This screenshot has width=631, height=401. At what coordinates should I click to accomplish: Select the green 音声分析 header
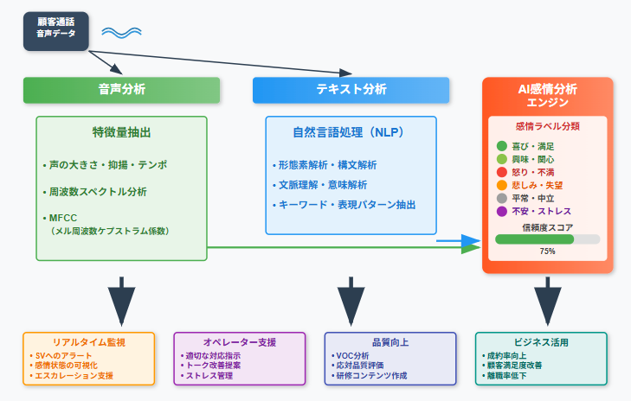tap(121, 90)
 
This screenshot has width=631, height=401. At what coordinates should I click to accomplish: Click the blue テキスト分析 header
tap(351, 90)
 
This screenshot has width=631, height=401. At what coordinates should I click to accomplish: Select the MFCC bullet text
tap(59, 218)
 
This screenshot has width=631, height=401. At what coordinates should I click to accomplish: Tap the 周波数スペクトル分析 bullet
tap(97, 191)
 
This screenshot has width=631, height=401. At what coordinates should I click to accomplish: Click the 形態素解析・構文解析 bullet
tap(326, 164)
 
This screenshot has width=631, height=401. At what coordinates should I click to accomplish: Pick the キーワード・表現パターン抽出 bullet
tap(345, 205)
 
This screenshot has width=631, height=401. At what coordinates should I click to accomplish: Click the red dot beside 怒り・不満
tap(502, 173)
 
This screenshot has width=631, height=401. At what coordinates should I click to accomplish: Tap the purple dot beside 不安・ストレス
tap(502, 211)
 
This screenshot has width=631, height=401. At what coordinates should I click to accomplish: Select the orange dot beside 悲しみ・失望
tap(502, 185)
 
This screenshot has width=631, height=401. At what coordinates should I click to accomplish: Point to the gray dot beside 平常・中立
tap(502, 198)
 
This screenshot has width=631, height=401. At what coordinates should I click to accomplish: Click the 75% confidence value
tap(547, 251)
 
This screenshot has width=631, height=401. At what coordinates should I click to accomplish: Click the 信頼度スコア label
tap(547, 226)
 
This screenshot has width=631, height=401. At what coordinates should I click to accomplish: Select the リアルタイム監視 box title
tap(89, 343)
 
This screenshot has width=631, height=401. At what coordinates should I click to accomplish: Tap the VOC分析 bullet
tap(351, 355)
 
